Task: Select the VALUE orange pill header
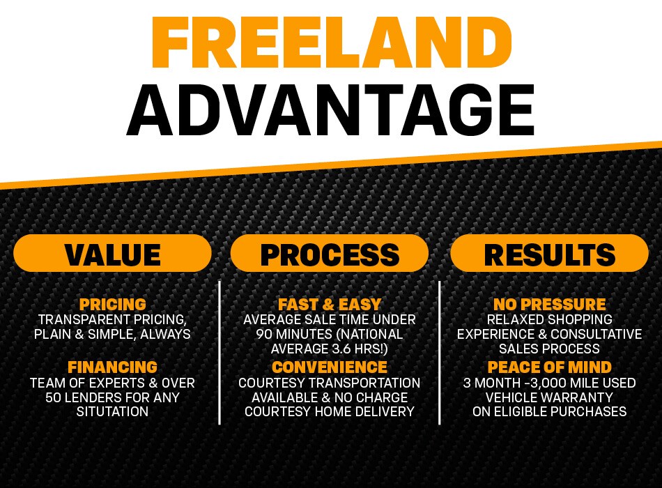click(112, 254)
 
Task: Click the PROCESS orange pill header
click(330, 254)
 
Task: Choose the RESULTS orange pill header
click(549, 254)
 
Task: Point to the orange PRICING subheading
click(112, 305)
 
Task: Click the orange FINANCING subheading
click(112, 367)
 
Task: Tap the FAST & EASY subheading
click(330, 305)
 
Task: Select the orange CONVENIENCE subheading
click(330, 367)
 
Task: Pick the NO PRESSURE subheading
click(549, 305)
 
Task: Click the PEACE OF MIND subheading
click(549, 367)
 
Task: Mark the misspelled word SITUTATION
click(112, 412)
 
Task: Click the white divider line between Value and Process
click(220, 352)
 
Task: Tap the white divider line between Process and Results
click(439, 352)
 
